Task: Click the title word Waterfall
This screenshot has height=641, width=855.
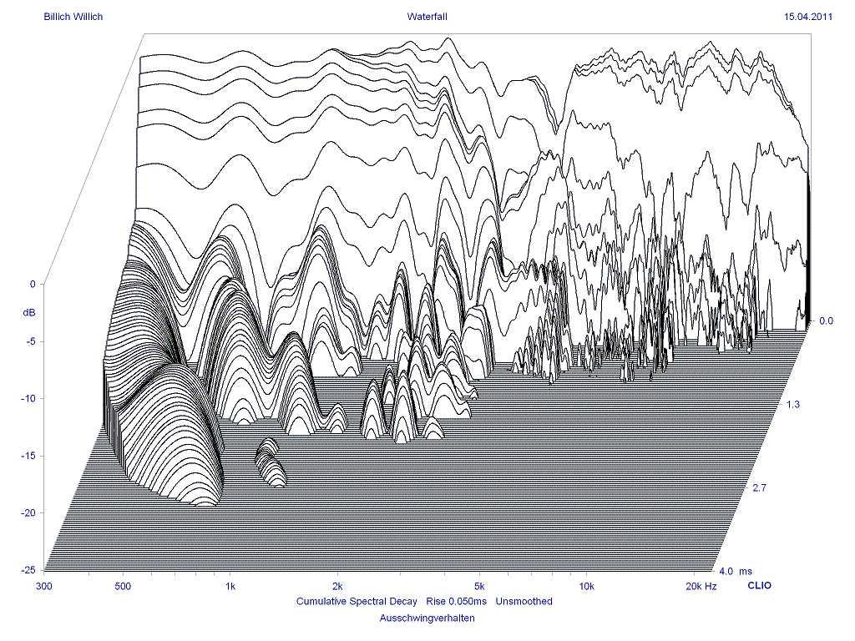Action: pyautogui.click(x=427, y=16)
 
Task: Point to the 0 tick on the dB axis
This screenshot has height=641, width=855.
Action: pyautogui.click(x=33, y=285)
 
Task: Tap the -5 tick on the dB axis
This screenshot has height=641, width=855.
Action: pyautogui.click(x=30, y=341)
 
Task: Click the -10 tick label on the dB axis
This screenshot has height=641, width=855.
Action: pyautogui.click(x=28, y=399)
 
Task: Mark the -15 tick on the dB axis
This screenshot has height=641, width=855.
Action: pyautogui.click(x=28, y=456)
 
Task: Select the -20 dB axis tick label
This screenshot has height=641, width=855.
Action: pyautogui.click(x=28, y=512)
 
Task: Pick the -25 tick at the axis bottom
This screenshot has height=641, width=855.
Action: pyautogui.click(x=28, y=570)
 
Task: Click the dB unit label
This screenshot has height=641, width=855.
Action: pyautogui.click(x=29, y=313)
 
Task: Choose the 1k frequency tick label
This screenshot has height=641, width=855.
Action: pyautogui.click(x=230, y=587)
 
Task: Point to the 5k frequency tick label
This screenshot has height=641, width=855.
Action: pyautogui.click(x=478, y=587)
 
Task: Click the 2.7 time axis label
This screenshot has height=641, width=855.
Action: pyautogui.click(x=760, y=487)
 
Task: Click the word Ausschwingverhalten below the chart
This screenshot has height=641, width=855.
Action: pyautogui.click(x=427, y=618)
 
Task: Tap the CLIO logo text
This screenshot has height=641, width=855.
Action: pyautogui.click(x=758, y=586)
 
